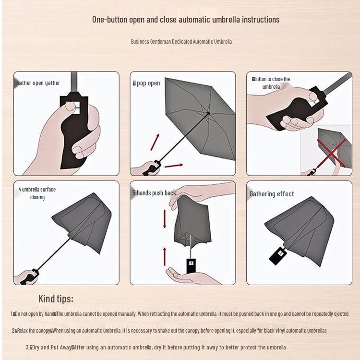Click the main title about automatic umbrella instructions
click(x=186, y=20)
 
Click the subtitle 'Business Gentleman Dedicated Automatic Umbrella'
click(x=181, y=42)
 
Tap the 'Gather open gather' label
click(x=38, y=83)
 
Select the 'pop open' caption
click(x=147, y=83)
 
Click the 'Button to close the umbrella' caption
click(x=271, y=83)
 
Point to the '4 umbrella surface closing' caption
click(x=37, y=193)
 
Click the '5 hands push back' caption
click(x=154, y=193)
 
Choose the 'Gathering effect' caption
click(x=272, y=194)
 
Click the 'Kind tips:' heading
click(x=56, y=299)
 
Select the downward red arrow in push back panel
click(x=165, y=218)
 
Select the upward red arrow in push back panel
click(x=165, y=255)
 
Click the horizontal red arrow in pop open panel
click(x=173, y=166)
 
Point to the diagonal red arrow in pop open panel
click(x=155, y=142)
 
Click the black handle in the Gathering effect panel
click(x=278, y=254)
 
